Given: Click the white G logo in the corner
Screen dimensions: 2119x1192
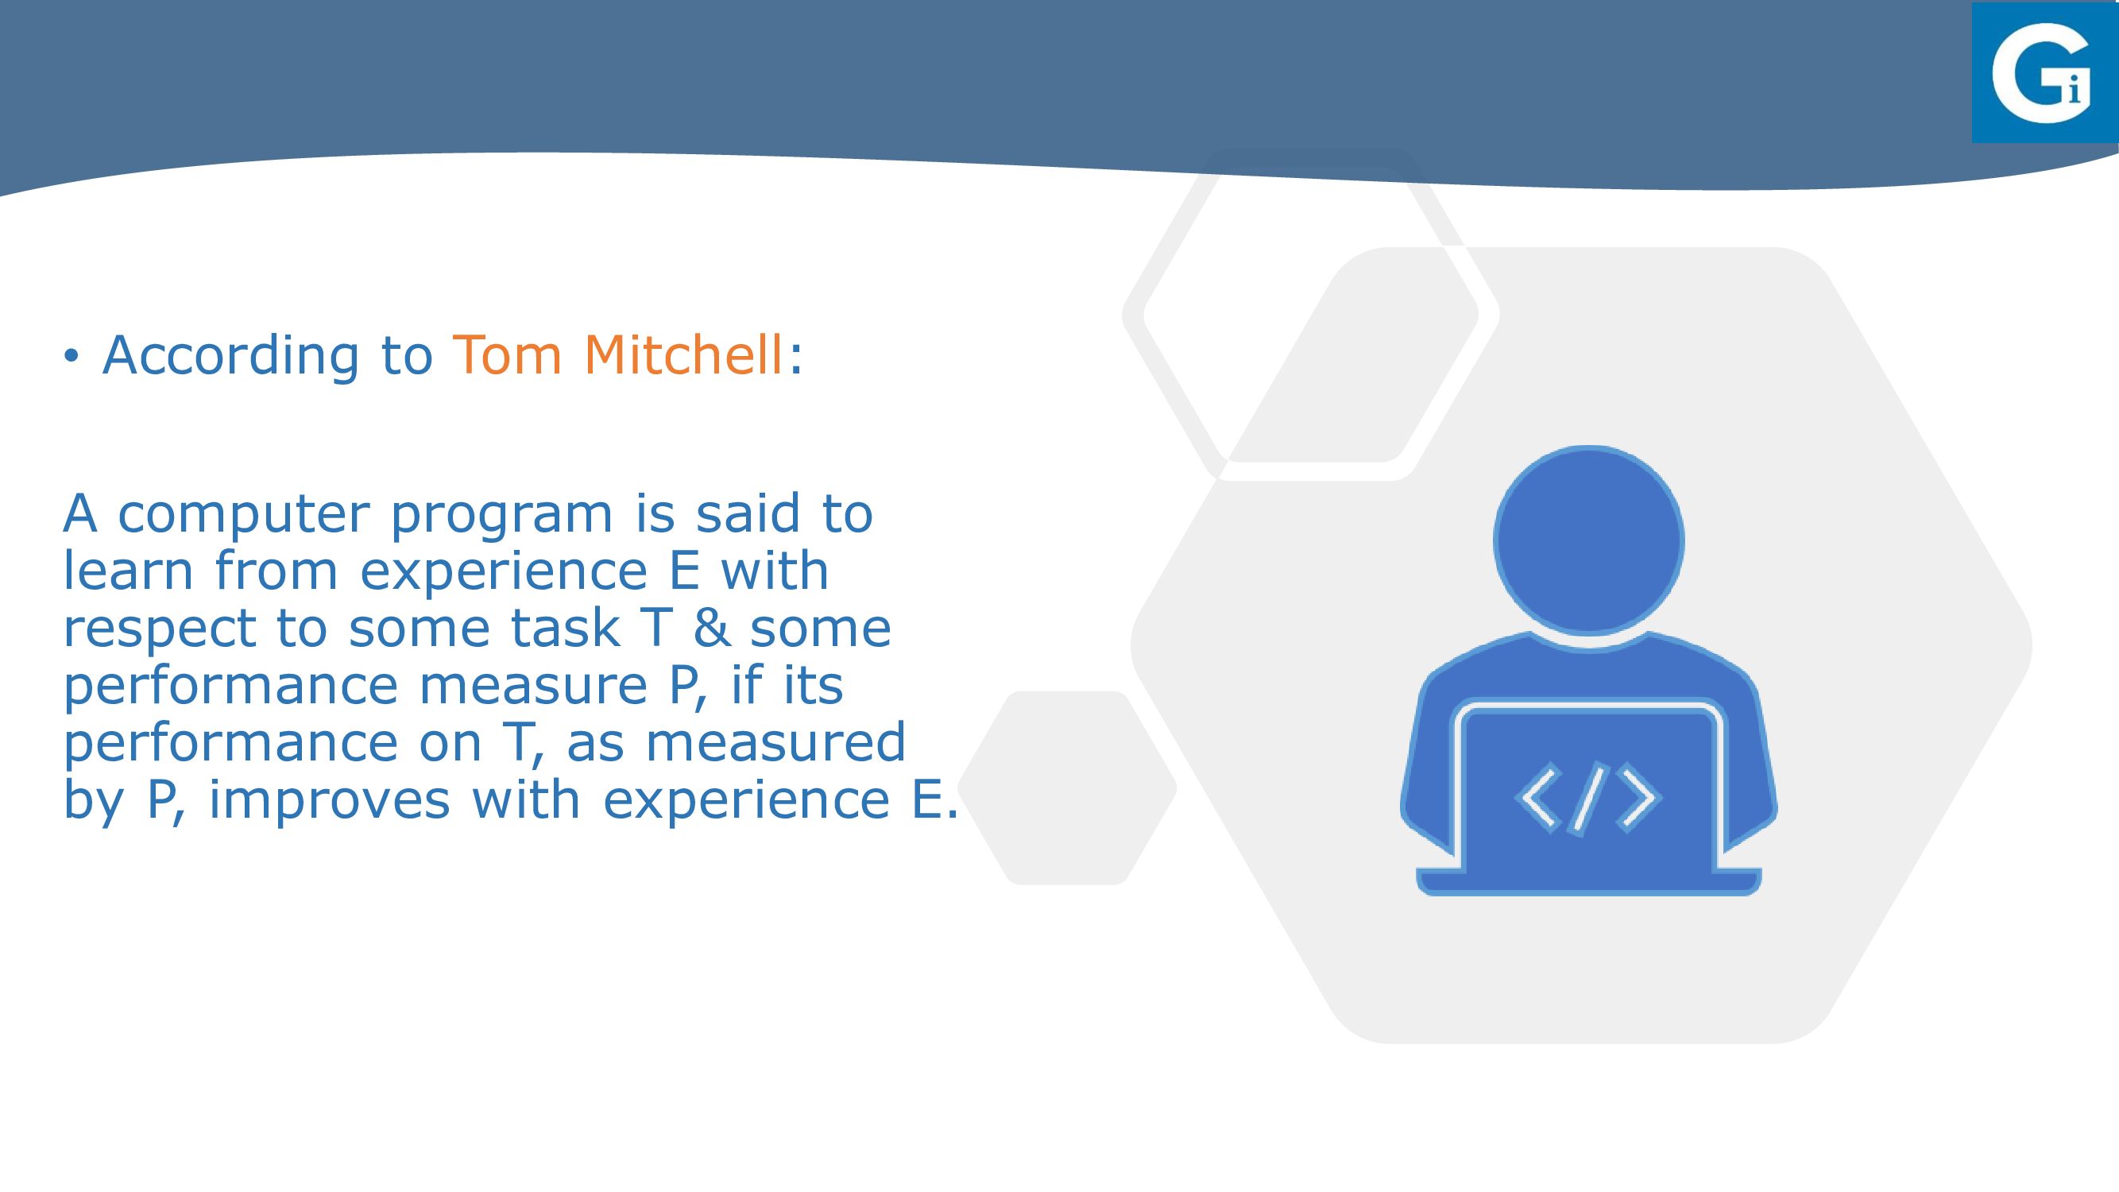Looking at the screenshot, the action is (2041, 73).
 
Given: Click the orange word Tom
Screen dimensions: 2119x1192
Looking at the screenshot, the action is (508, 355).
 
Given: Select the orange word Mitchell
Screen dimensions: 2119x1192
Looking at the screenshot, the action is (683, 354).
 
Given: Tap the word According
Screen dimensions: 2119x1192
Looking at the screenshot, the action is (231, 355).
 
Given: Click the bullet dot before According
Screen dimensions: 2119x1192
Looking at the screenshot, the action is (72, 356).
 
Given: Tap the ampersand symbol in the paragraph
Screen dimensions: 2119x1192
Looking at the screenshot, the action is (712, 628).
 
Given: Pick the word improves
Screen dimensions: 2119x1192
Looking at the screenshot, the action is (330, 799).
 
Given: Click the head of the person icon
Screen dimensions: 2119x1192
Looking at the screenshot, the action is (1588, 540).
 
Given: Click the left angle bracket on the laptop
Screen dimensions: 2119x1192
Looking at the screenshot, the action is (1537, 798).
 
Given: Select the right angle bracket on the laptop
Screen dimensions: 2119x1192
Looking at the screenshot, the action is (1638, 798).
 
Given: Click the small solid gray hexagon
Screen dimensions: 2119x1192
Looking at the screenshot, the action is (1067, 788).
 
